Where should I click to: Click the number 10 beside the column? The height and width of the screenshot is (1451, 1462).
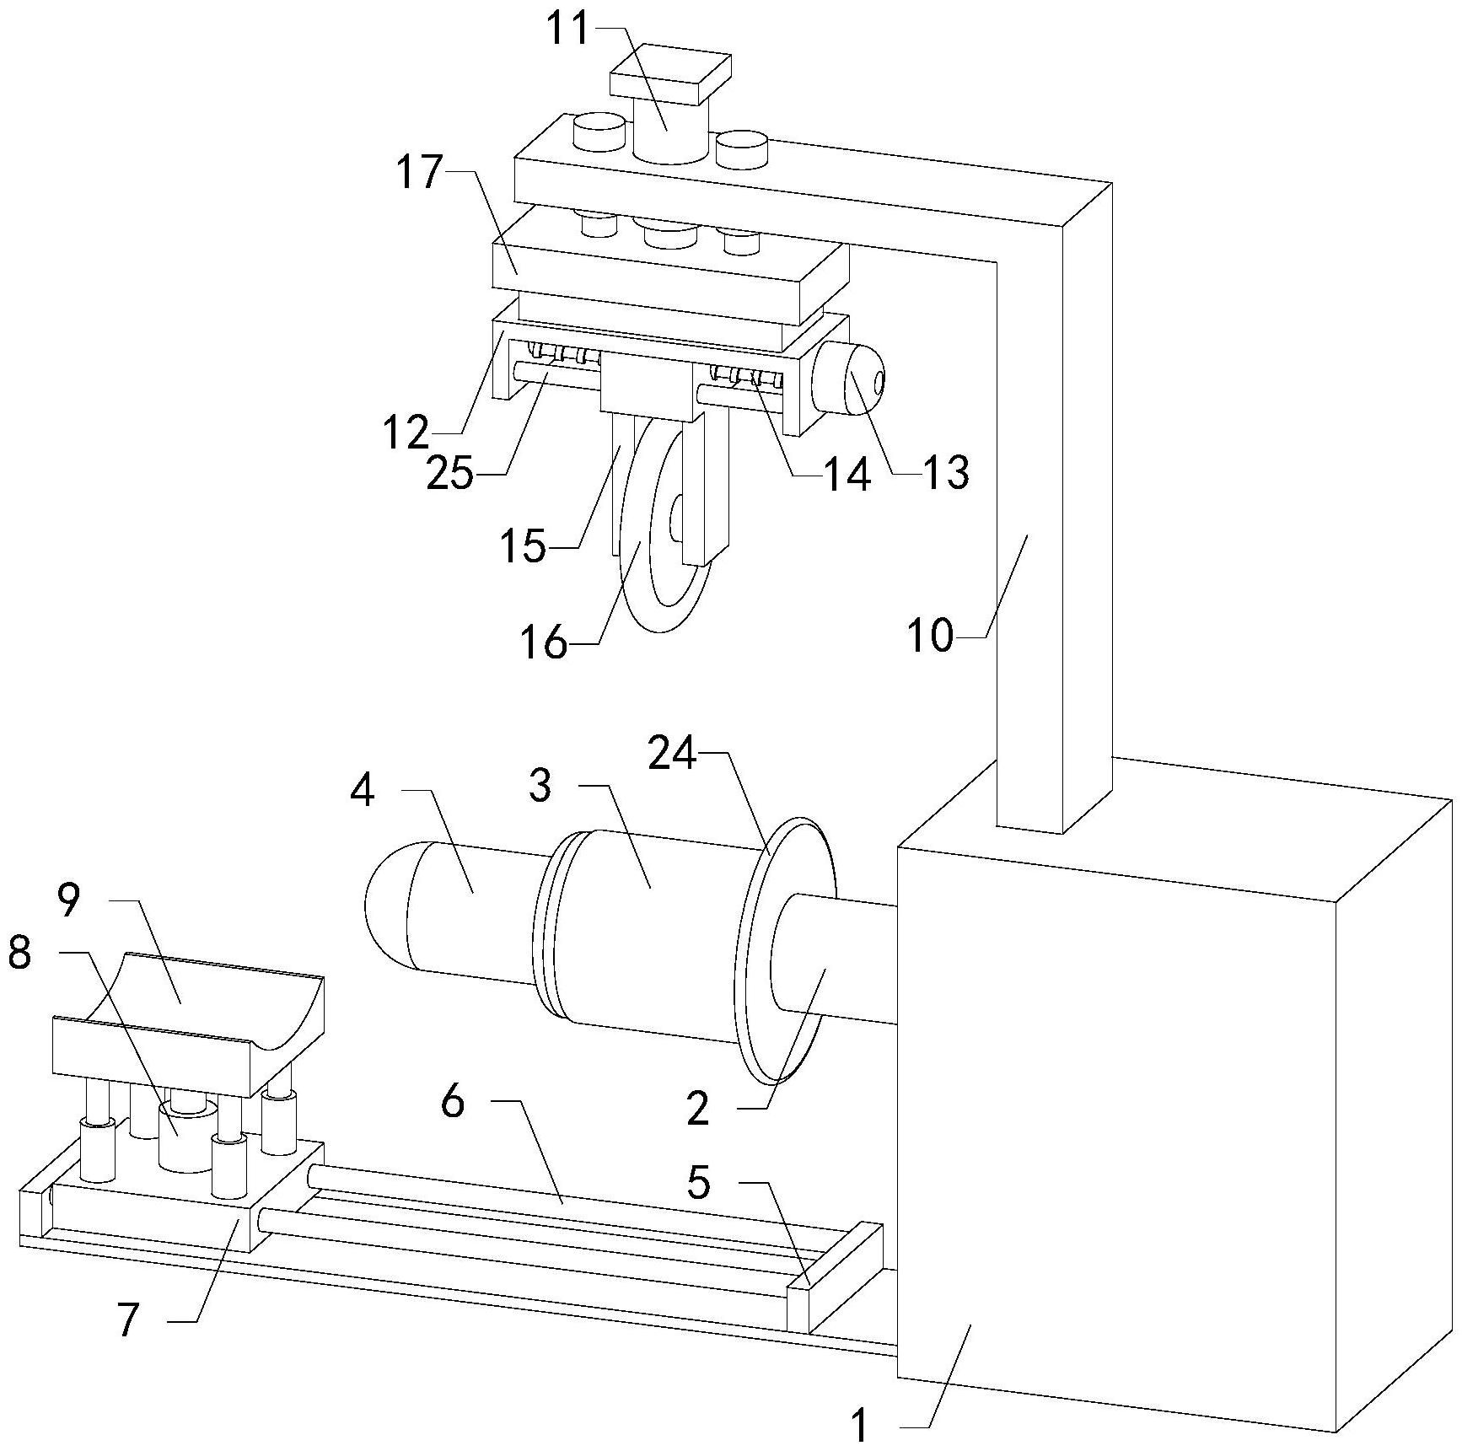[x=930, y=636]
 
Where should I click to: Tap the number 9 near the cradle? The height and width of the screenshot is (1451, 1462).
[x=69, y=900]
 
